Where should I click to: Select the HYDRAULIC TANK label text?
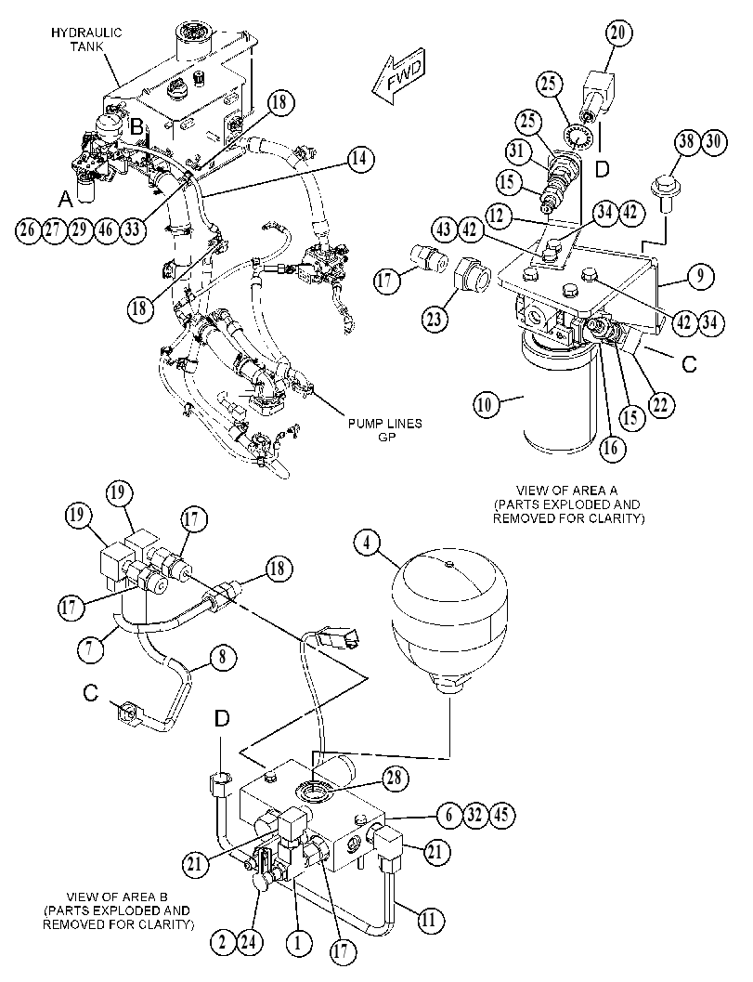pyautogui.click(x=86, y=39)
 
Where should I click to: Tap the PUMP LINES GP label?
pyautogui.click(x=385, y=430)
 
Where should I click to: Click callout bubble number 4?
pyautogui.click(x=368, y=543)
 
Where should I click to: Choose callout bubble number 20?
pyautogui.click(x=617, y=33)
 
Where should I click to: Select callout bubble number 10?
pyautogui.click(x=486, y=404)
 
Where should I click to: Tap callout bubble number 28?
pyautogui.click(x=395, y=779)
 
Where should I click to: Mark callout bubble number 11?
pyautogui.click(x=428, y=920)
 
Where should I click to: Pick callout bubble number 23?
pyautogui.click(x=434, y=320)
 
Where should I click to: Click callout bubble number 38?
pyautogui.click(x=687, y=142)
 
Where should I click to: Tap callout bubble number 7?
pyautogui.click(x=93, y=647)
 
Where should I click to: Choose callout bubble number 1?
pyautogui.click(x=298, y=943)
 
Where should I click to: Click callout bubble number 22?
pyautogui.click(x=660, y=406)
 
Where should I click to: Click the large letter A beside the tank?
pyautogui.click(x=65, y=199)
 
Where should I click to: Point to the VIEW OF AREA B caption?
pyautogui.click(x=116, y=910)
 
